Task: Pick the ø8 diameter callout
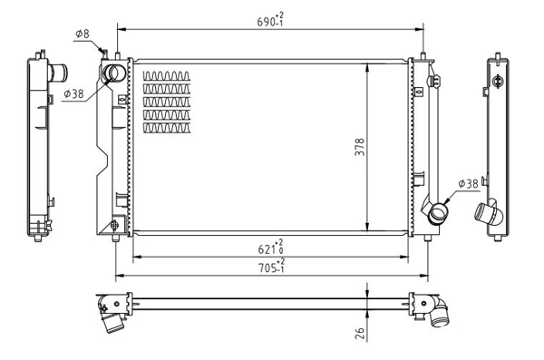pos(81,34)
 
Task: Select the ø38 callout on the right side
pos(467,184)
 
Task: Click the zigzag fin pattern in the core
pos(168,101)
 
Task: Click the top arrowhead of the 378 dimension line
pos(366,66)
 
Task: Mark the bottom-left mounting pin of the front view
pos(114,238)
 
